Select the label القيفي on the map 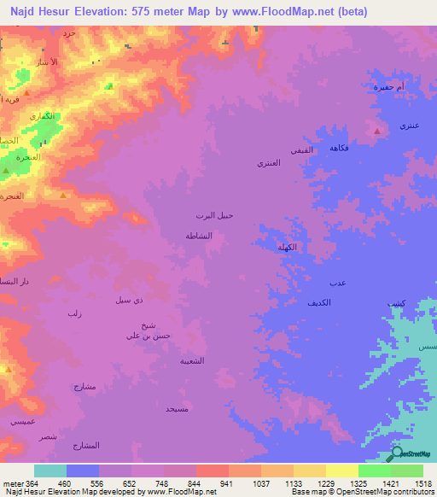301,150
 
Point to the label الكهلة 287,248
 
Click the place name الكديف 319,303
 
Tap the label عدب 336,283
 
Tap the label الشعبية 191,360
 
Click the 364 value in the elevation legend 32,482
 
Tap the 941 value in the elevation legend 227,482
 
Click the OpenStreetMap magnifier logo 396,453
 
